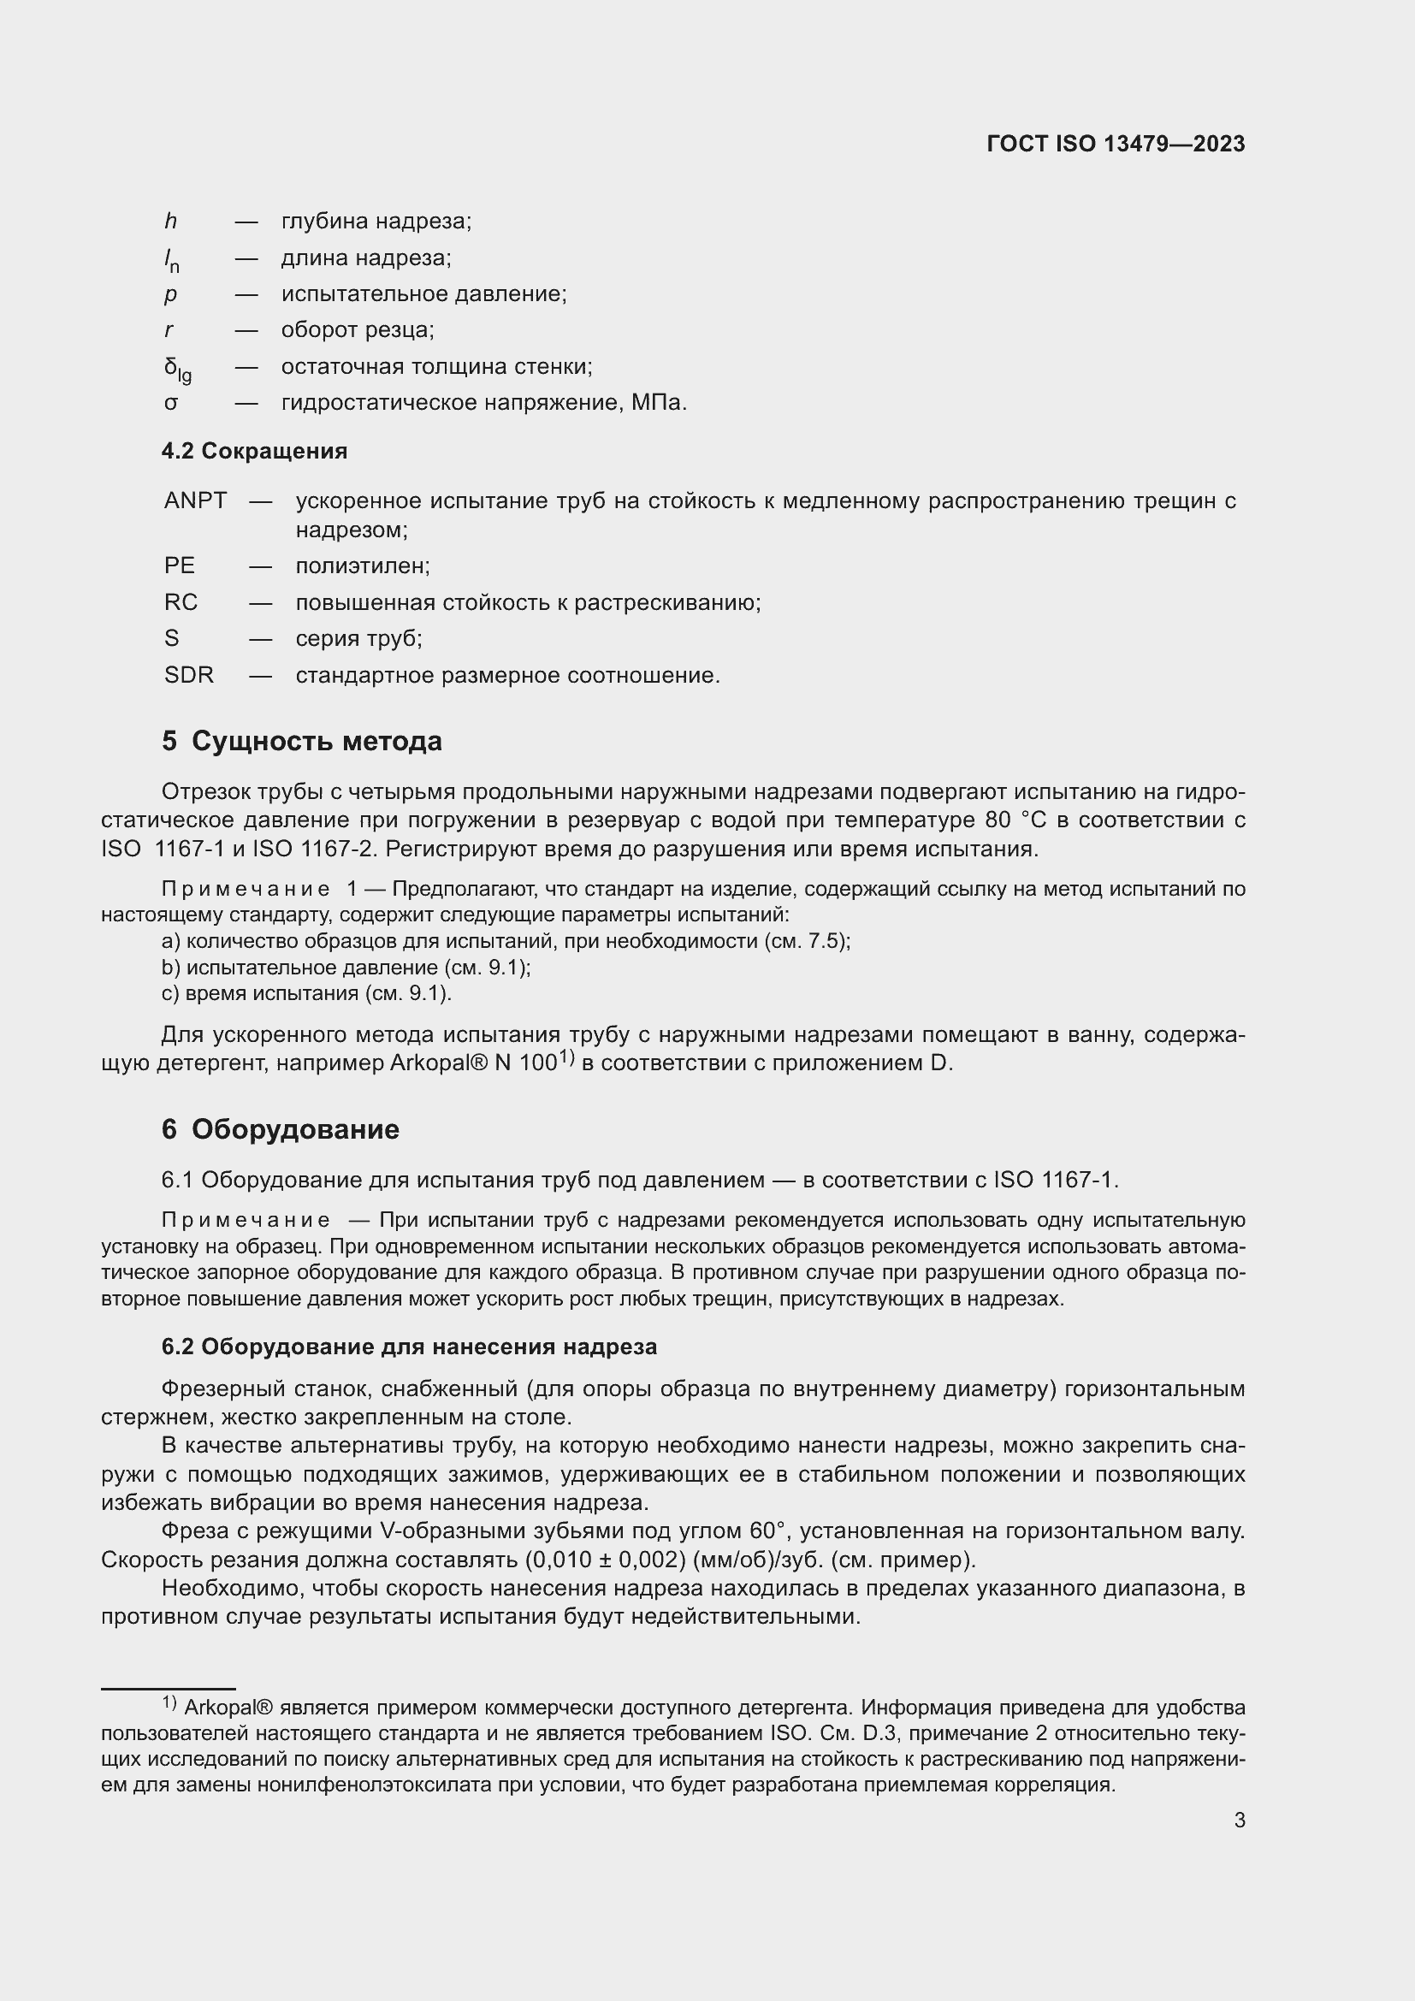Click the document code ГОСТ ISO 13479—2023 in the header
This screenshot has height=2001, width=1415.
[x=1116, y=144]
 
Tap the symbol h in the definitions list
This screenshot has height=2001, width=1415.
[x=171, y=222]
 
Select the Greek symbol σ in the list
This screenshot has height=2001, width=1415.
[x=171, y=404]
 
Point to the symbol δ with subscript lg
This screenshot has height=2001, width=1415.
[x=177, y=369]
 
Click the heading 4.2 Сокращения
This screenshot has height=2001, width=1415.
[x=254, y=452]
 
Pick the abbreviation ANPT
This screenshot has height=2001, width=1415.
[x=195, y=501]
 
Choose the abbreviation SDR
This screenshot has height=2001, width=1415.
[x=189, y=676]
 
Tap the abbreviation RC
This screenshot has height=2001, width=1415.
[x=181, y=602]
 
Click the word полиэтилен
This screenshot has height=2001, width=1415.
[x=363, y=566]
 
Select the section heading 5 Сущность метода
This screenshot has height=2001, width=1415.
[x=301, y=742]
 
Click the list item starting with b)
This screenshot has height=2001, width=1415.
[x=346, y=968]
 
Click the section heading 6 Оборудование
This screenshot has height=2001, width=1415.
[x=281, y=1129]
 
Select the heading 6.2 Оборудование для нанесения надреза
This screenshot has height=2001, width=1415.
[x=410, y=1347]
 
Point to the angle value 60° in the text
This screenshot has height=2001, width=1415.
[x=767, y=1531]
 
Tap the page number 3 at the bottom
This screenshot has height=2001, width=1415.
[x=1239, y=1820]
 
